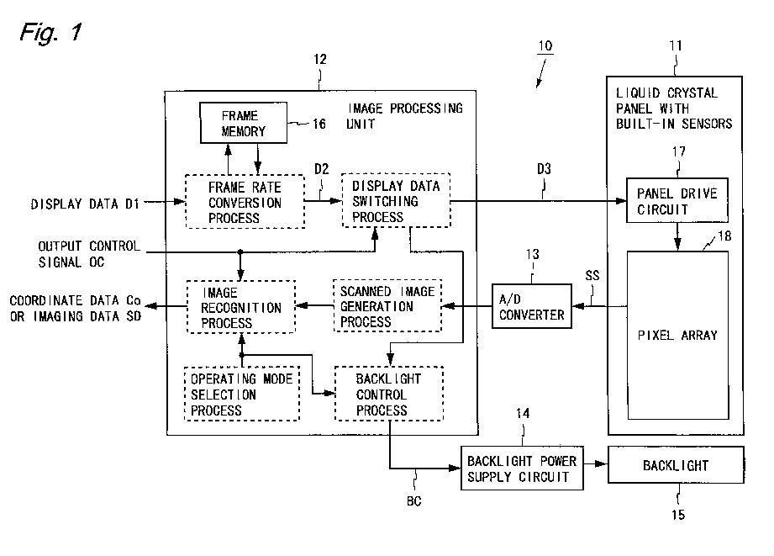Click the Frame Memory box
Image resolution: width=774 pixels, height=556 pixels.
244,123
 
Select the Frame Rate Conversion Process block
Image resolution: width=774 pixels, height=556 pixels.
245,202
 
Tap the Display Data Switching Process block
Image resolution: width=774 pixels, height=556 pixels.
396,200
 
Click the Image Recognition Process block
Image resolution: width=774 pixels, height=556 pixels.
241,307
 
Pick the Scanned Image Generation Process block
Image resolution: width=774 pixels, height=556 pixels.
387,306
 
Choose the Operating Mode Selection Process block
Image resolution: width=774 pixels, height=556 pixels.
242,394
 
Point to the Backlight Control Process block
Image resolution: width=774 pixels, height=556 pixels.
389,394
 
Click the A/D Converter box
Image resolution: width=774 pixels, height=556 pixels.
532,306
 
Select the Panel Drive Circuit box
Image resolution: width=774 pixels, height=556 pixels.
677,200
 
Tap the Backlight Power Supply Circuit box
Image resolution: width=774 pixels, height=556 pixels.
522,469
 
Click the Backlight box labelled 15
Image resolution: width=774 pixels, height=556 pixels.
676,465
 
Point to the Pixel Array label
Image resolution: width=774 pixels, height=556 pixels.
677,336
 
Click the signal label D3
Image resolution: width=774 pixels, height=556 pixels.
544,169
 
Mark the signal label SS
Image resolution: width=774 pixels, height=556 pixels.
592,275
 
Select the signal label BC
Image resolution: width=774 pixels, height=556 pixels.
413,501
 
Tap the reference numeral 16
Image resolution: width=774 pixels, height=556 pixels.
319,124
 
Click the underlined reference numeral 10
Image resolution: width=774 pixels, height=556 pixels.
545,46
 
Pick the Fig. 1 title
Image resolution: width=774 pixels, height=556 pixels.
50,33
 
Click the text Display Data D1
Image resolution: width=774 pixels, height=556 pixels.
85,204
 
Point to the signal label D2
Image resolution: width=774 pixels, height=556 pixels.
321,169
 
